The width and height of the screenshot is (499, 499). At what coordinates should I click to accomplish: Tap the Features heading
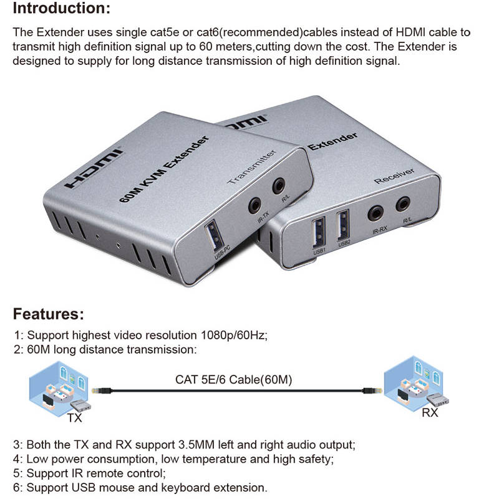pos(49,313)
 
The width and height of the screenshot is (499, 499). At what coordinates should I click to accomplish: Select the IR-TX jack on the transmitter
pos(254,205)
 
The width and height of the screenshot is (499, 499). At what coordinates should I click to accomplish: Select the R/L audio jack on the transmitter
pos(279,185)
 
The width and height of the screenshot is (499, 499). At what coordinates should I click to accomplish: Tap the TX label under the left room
pos(74,418)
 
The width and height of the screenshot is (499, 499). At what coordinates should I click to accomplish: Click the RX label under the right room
pos(430,412)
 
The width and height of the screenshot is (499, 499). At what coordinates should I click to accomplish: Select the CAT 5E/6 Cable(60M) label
pos(233,379)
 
